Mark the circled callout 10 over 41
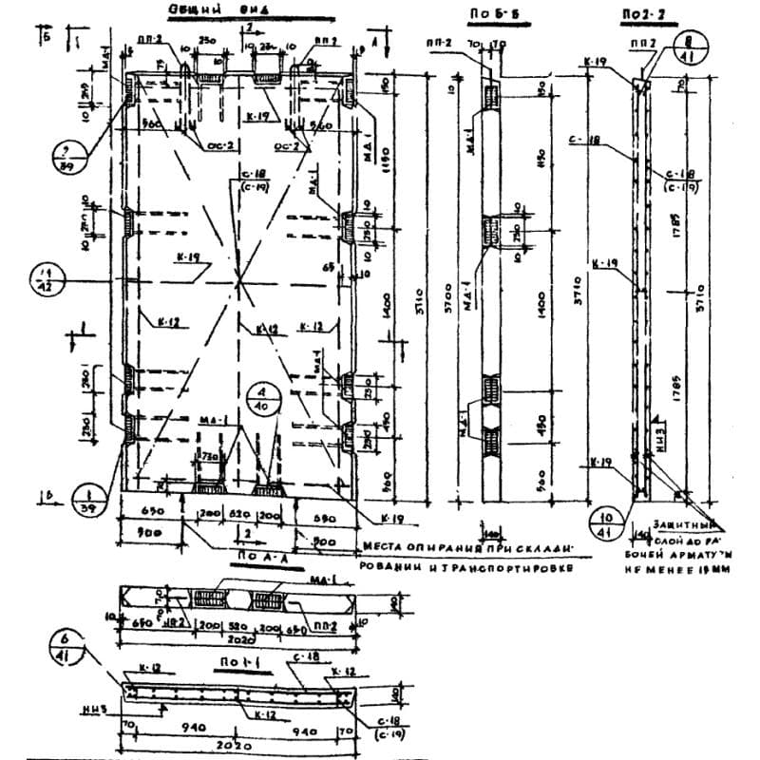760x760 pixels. coord(606,524)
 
